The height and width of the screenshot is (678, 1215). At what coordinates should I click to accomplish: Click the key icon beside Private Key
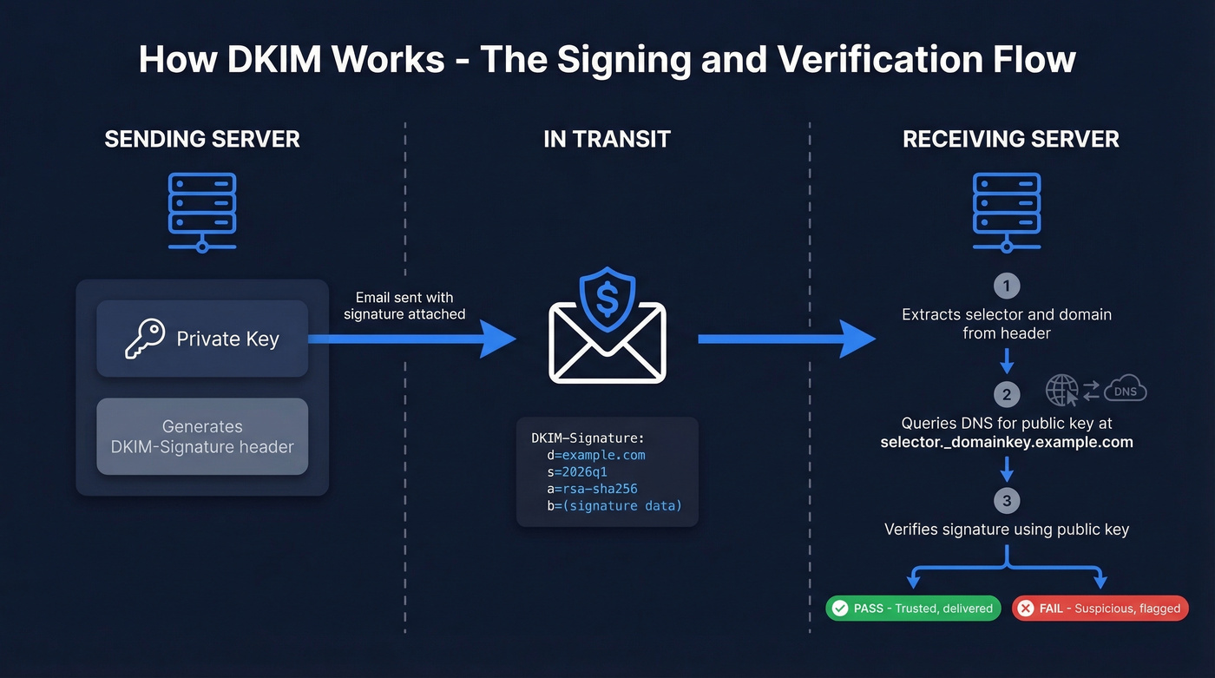pos(144,339)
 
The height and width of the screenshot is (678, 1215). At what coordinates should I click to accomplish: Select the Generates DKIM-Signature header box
pos(202,437)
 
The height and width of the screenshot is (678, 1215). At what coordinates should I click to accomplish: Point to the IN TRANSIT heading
pos(607,139)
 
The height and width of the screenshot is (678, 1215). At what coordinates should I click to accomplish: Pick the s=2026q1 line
pos(577,472)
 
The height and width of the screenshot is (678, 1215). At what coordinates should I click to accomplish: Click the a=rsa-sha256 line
pos(592,489)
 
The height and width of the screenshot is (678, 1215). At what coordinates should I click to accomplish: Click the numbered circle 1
pos(1007,286)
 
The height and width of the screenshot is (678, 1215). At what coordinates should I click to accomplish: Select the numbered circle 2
pos(1007,395)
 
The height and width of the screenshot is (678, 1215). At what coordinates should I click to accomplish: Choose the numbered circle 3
pos(1007,501)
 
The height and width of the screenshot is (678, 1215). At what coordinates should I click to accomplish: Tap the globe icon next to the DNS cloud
pos(1062,391)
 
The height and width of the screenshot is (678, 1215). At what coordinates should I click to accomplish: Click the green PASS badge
pos(913,608)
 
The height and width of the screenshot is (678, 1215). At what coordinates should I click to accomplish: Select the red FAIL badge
pos(1100,608)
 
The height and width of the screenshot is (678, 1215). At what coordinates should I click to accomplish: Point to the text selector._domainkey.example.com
pos(1007,442)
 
